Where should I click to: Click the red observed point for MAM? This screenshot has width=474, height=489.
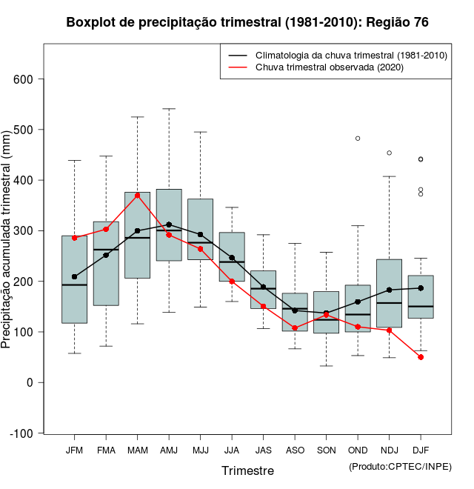pos(138,195)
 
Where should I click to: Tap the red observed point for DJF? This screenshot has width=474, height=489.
pos(421,357)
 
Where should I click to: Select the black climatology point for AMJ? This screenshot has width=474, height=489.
pos(169,224)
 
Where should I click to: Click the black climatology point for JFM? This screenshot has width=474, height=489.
pos(74,276)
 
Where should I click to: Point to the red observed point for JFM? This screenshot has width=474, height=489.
pos(74,238)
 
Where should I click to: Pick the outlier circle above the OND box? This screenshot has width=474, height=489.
pos(358,139)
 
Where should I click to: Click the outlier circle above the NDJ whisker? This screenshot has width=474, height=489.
pos(390,153)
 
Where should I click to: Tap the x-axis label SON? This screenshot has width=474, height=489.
pos(326,450)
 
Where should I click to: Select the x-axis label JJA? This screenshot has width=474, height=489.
pos(232,450)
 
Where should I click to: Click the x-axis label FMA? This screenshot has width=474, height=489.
pos(106,450)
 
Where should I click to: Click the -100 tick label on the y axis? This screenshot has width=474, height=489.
pos(27,433)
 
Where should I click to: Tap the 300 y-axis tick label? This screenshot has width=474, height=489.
pos(30,231)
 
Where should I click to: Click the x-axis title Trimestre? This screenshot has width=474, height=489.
pos(247,470)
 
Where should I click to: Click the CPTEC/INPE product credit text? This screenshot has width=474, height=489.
pos(400,465)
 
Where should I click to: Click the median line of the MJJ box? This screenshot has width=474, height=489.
pos(200,242)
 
